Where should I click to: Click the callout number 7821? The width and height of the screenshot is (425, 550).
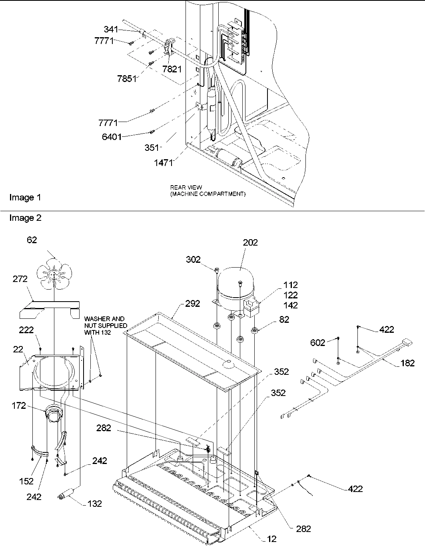[172, 69]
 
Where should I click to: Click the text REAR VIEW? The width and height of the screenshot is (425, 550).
[186, 187]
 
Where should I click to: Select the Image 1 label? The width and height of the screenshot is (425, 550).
[25, 197]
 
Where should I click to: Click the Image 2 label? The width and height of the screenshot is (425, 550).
[25, 218]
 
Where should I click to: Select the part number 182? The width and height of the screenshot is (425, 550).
[407, 363]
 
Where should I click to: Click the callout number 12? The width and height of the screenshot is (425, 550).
[271, 540]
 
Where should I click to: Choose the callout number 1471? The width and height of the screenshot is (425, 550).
[164, 163]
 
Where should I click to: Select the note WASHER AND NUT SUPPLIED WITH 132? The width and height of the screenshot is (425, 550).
[106, 325]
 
